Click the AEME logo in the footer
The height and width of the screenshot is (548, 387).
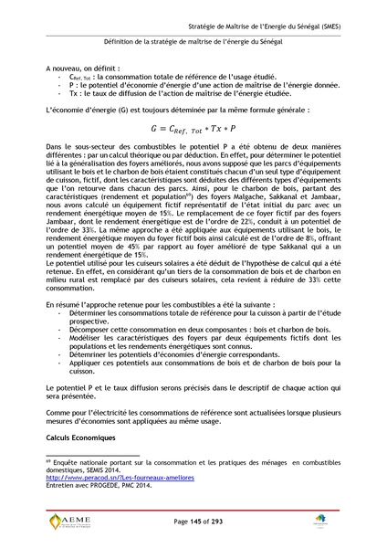point(66,522)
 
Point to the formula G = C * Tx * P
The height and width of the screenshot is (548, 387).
point(193,130)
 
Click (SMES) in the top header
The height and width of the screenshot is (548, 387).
point(323,26)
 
